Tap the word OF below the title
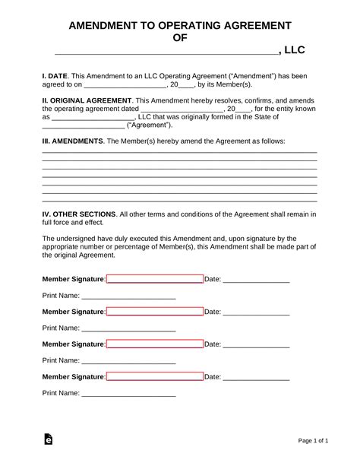pyautogui.click(x=180, y=37)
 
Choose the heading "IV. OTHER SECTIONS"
pyautogui.click(x=79, y=214)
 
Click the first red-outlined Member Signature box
pyautogui.click(x=155, y=279)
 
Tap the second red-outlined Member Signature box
pyautogui.click(x=155, y=312)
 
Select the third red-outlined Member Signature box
pyautogui.click(x=155, y=344)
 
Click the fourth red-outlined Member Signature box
pyautogui.click(x=155, y=376)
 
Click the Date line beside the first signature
pyautogui.click(x=256, y=281)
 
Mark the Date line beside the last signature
pyautogui.click(x=256, y=378)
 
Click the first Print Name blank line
pyautogui.click(x=128, y=296)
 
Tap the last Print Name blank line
pyautogui.click(x=128, y=394)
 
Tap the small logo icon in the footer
pyautogui.click(x=48, y=440)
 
